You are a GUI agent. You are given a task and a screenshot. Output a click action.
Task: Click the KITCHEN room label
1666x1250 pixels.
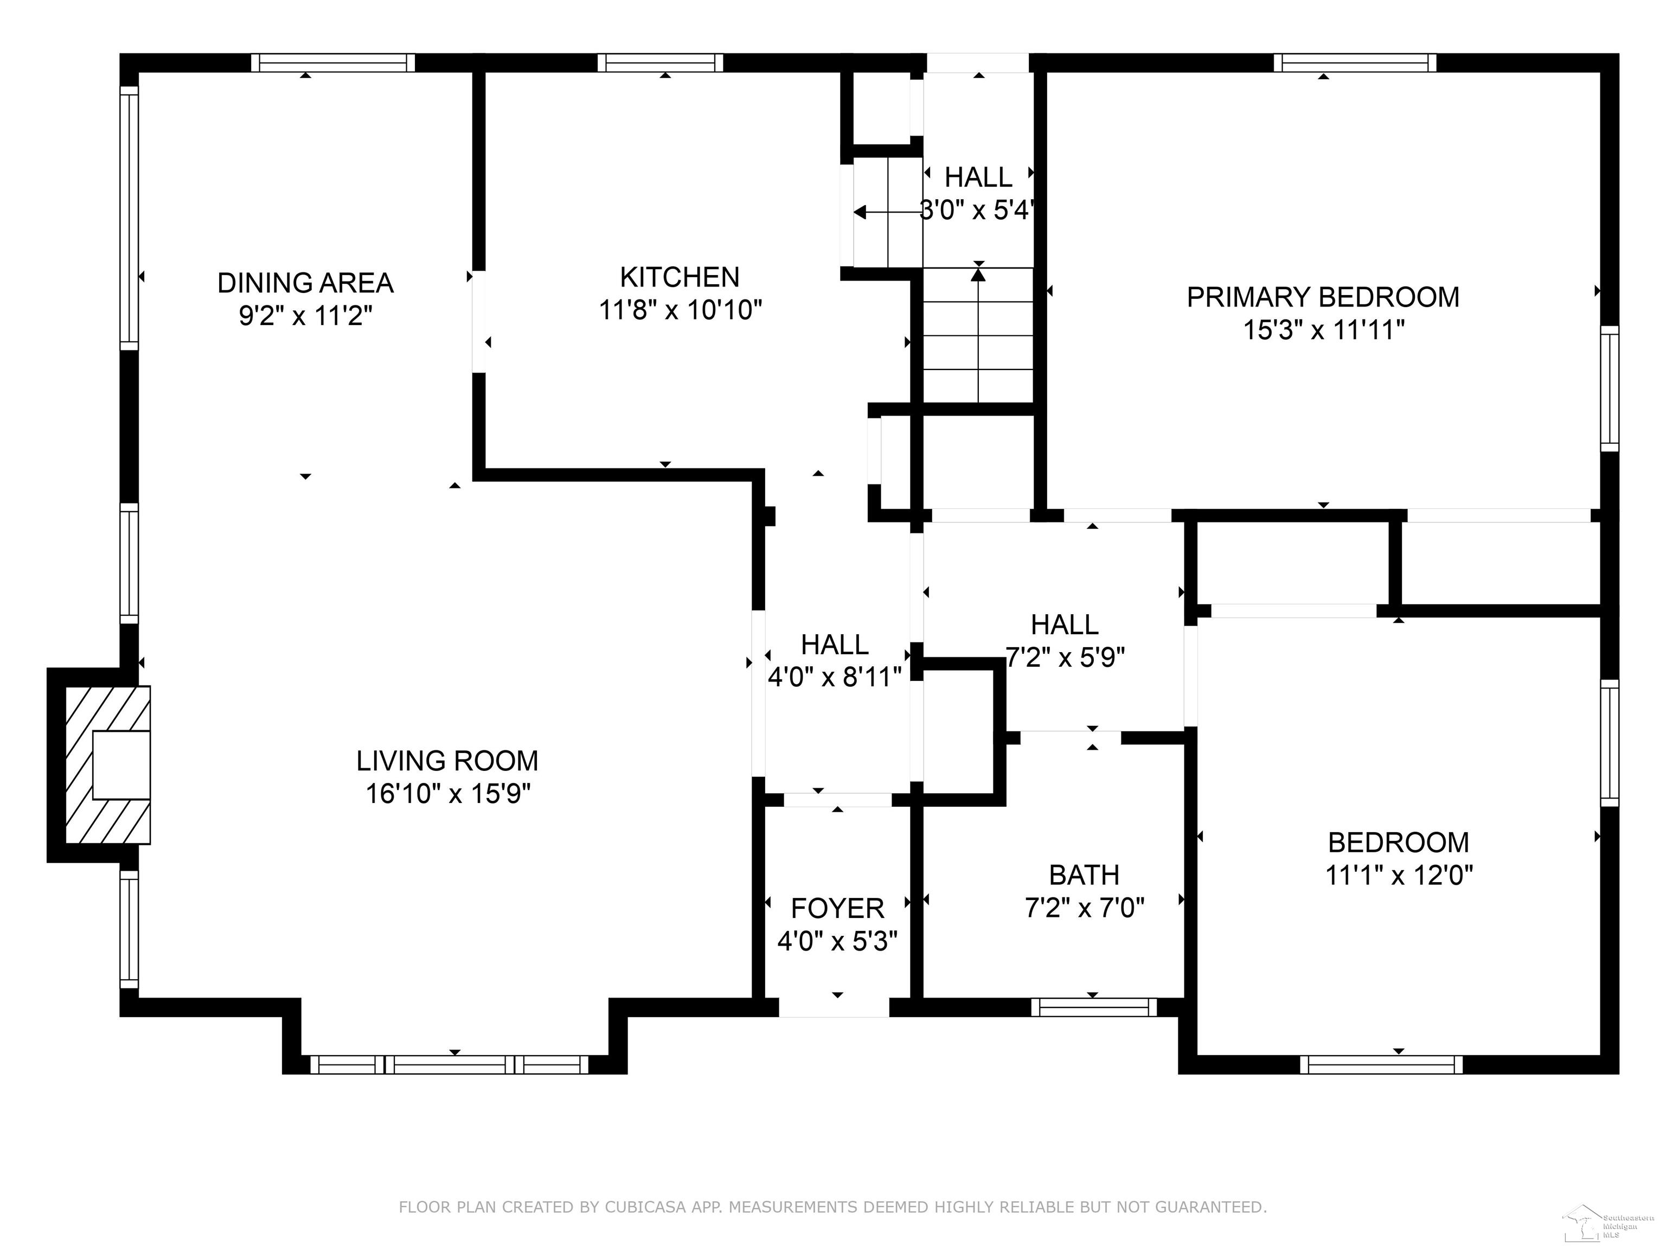[x=680, y=277]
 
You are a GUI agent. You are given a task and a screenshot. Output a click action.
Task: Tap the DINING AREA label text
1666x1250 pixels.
[x=305, y=283]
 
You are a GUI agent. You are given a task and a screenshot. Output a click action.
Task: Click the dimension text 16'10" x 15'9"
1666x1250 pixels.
[x=448, y=793]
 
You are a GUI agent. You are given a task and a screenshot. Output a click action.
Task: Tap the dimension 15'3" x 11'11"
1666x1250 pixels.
[x=1323, y=330]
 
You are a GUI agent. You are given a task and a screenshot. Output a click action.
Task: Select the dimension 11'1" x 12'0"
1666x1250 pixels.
[x=1399, y=875]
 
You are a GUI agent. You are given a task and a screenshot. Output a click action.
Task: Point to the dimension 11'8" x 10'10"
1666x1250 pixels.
[x=680, y=310]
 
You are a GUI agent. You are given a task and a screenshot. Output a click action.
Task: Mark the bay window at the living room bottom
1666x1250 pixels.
[x=449, y=1064]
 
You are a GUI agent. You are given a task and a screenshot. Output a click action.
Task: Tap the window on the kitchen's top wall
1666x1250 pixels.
[x=661, y=62]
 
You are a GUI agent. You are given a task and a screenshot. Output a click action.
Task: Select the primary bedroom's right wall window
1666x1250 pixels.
[x=1610, y=389]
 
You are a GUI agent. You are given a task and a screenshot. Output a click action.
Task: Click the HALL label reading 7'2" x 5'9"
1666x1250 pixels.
[x=1065, y=641]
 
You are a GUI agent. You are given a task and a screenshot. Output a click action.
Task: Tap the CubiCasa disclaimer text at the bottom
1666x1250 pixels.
[x=832, y=1207]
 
